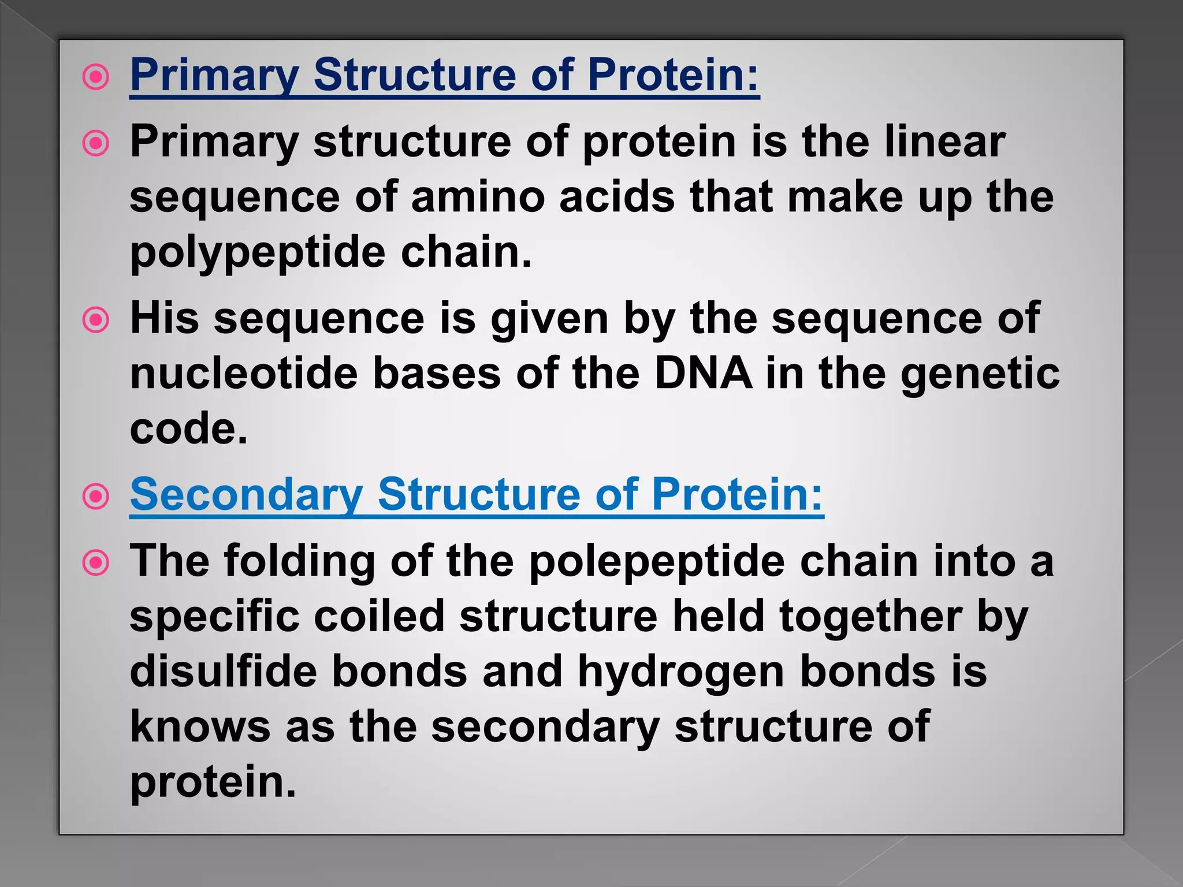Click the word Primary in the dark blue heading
[x=214, y=75]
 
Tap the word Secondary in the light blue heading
[x=246, y=495]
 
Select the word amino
[x=478, y=197]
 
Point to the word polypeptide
[x=257, y=253]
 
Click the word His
[x=164, y=318]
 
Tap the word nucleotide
[x=244, y=374]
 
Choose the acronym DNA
[x=703, y=374]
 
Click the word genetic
[x=980, y=374]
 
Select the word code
[x=188, y=429]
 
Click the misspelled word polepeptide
[x=657, y=561]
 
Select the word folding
[x=299, y=561]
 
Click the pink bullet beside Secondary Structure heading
[x=96, y=496]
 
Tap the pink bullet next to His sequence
[x=96, y=319]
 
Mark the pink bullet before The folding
[x=96, y=562]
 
